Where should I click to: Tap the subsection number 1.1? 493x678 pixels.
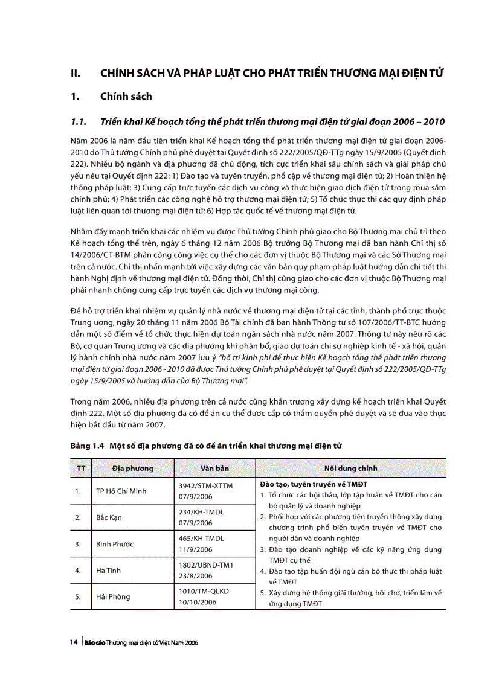[x=79, y=121]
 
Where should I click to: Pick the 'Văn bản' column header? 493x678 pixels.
[x=214, y=468]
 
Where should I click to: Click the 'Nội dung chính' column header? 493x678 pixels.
[x=350, y=468]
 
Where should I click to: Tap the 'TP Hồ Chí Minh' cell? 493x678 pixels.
[x=121, y=491]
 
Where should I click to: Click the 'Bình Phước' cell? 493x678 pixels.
[x=114, y=544]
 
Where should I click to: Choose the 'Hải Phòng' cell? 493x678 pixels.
[x=113, y=596]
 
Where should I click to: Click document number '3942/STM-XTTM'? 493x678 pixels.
[x=205, y=485]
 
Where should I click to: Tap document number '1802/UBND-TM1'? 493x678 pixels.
[x=206, y=564]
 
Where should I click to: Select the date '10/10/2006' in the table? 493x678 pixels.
[x=198, y=602]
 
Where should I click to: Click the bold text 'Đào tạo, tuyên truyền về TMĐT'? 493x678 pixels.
[x=314, y=484]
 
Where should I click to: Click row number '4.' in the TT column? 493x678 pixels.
[x=78, y=570]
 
